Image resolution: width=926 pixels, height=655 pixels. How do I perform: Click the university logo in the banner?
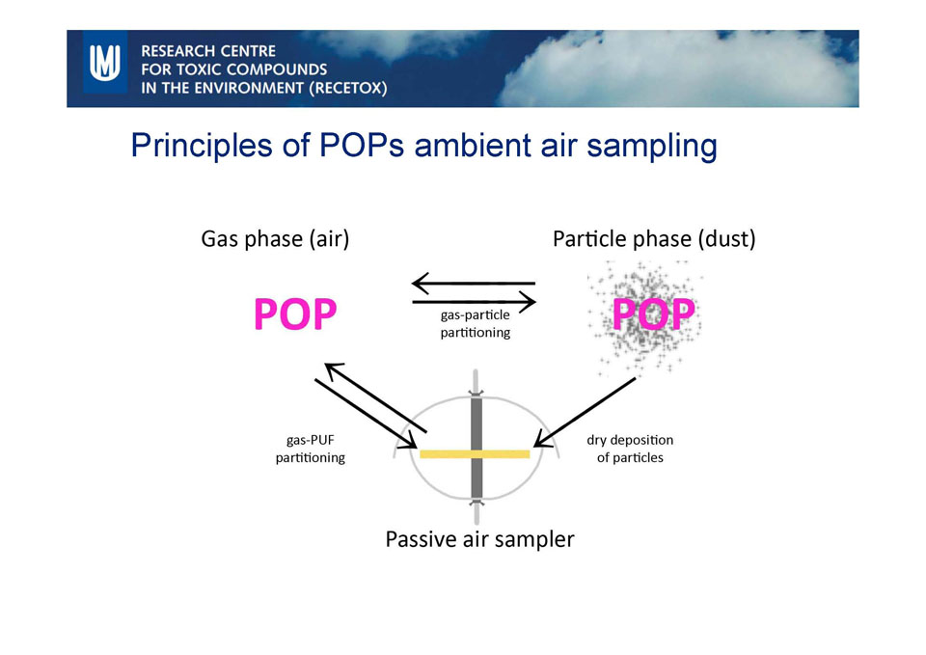point(104,62)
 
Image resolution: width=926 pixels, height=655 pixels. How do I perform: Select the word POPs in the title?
point(362,146)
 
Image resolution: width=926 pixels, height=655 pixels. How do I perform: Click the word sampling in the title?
point(652,146)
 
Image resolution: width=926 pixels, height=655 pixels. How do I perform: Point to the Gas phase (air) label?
point(275,239)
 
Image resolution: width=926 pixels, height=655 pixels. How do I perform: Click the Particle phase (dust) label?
point(654,239)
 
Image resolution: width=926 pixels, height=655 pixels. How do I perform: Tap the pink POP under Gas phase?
point(295,314)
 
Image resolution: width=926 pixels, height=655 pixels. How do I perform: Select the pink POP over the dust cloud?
point(653,314)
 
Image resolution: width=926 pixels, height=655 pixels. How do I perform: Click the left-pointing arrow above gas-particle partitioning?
point(474,283)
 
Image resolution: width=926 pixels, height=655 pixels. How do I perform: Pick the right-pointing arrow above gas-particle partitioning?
point(475,302)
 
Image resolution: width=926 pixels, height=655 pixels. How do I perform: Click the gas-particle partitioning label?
point(476,324)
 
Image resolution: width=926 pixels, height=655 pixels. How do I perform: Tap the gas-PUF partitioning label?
point(310,449)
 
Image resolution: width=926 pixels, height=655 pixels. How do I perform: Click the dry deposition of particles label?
point(630,449)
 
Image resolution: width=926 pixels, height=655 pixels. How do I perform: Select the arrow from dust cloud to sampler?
point(585,412)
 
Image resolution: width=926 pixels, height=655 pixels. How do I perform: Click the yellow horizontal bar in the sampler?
point(475,454)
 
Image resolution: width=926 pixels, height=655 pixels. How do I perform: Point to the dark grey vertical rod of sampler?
point(477,447)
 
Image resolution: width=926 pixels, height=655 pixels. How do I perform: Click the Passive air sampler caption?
point(479,539)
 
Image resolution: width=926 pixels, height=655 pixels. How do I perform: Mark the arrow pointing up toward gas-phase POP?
point(375,397)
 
